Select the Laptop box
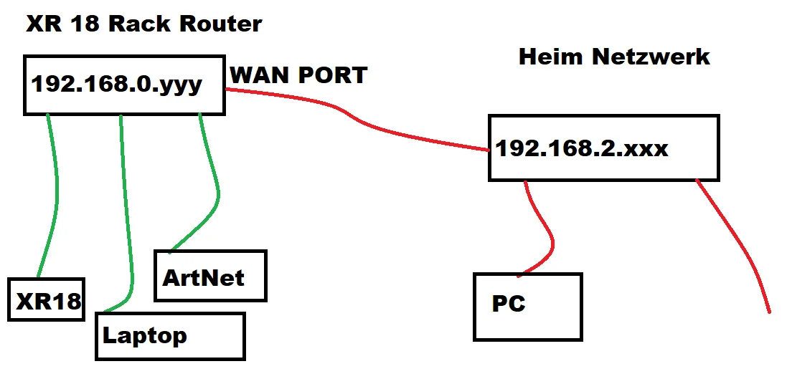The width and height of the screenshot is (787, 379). click(x=170, y=335)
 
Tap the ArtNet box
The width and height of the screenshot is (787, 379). click(x=209, y=276)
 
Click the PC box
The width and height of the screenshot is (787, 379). click(x=527, y=305)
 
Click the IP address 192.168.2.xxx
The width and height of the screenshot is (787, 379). click(x=582, y=148)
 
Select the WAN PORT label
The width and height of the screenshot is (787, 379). click(x=298, y=75)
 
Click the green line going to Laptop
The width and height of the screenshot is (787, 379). click(x=126, y=215)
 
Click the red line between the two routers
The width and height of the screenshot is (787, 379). click(x=359, y=122)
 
